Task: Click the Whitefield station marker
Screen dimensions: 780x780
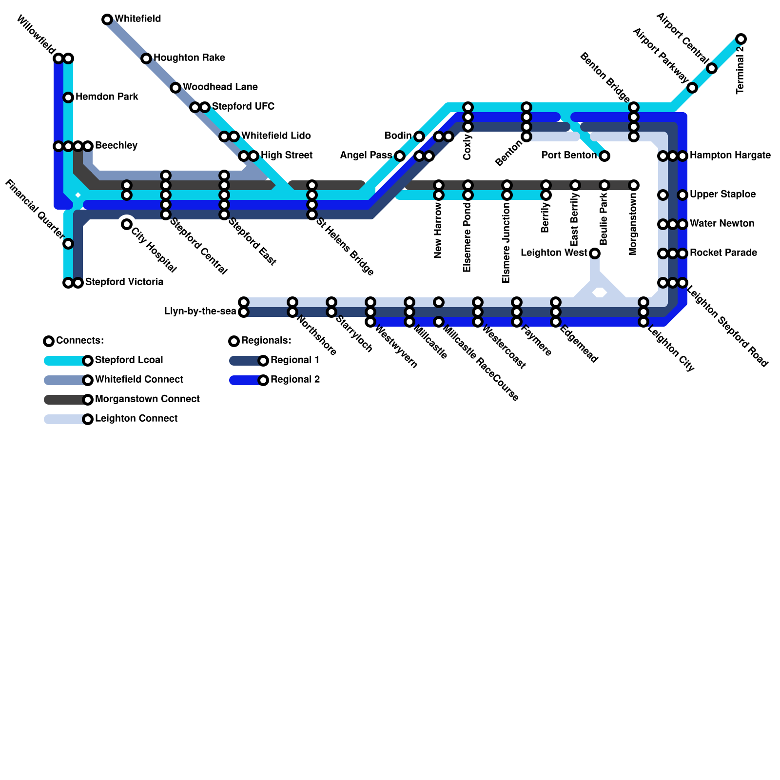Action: [107, 19]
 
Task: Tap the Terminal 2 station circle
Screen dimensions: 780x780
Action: [741, 39]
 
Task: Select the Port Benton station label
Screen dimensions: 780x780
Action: [569, 156]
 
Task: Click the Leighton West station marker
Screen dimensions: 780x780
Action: [595, 253]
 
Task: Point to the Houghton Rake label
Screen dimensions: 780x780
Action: [189, 58]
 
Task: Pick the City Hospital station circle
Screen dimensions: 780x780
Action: [127, 224]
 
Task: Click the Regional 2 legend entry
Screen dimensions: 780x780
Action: [295, 380]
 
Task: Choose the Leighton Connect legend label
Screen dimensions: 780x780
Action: [136, 419]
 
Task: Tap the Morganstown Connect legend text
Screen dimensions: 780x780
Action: [147, 399]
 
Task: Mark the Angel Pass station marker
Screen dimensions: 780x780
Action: [400, 156]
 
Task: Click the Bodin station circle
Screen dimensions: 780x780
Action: [419, 136]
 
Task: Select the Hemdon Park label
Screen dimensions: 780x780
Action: [107, 97]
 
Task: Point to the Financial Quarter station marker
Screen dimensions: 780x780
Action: [68, 244]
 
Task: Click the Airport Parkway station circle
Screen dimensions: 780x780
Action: [692, 88]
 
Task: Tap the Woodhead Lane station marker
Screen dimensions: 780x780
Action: [175, 88]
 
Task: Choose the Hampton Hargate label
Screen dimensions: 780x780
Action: [730, 156]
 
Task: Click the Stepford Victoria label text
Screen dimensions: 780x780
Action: [124, 282]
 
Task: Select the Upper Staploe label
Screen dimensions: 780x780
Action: [722, 195]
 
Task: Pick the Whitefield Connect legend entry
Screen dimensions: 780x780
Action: [139, 380]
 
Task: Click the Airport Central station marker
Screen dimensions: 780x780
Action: [712, 68]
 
